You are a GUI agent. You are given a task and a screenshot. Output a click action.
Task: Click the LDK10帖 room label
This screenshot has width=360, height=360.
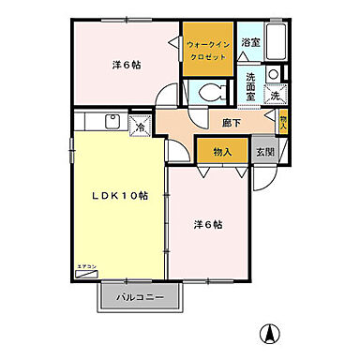(119, 197)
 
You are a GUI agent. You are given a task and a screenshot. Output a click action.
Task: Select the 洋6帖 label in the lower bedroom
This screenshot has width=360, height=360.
(207, 225)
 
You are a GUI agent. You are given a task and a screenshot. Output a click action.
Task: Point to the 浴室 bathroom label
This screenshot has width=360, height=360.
(250, 43)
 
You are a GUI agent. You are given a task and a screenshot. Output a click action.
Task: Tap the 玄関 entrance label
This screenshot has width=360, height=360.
(264, 152)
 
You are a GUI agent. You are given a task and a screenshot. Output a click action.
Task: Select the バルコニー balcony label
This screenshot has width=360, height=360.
(141, 297)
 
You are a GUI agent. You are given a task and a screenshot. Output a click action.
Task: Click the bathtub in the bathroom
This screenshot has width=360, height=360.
(277, 41)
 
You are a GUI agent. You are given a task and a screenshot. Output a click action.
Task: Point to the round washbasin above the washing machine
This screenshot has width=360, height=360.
(273, 74)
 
